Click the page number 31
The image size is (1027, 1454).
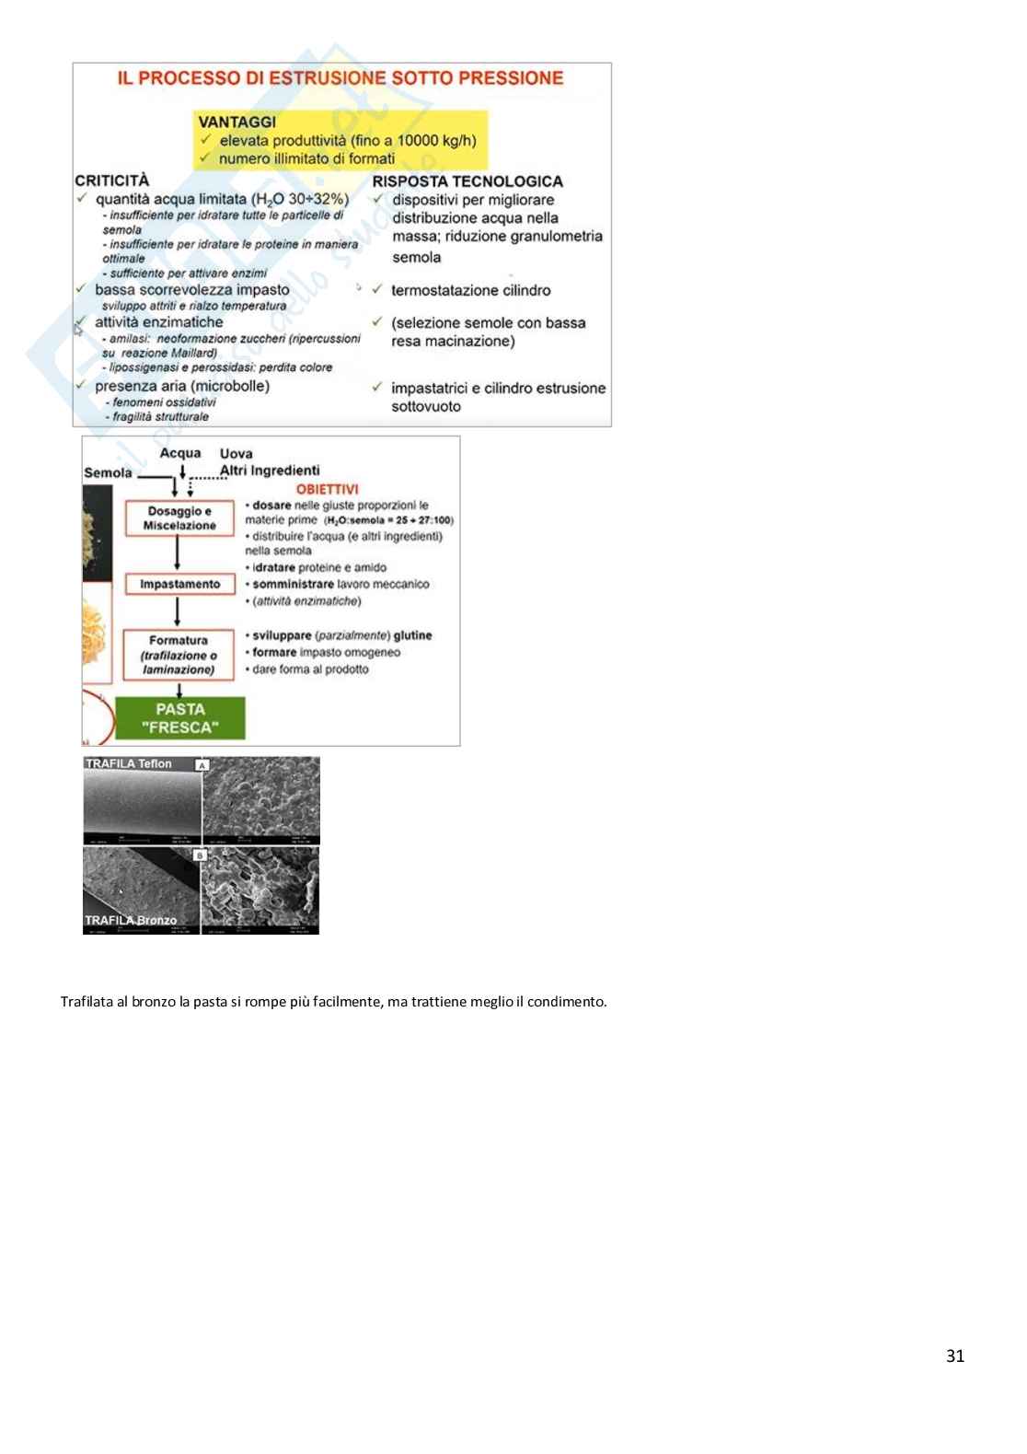click(x=954, y=1355)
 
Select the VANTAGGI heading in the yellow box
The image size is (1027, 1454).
click(x=237, y=122)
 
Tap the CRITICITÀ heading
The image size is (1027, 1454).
click(x=111, y=180)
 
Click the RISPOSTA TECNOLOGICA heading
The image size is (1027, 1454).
click(x=467, y=181)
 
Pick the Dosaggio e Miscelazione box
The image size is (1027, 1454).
click(x=179, y=518)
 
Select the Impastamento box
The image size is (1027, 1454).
click(x=179, y=584)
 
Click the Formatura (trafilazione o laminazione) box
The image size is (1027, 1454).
click(x=179, y=655)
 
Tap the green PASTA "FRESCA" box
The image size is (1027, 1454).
click(x=180, y=718)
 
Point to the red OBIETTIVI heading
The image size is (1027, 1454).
click(x=327, y=489)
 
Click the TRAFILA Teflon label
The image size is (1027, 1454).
click(x=129, y=763)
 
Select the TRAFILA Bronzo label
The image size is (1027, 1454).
click(x=131, y=920)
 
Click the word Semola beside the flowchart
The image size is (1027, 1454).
click(x=108, y=472)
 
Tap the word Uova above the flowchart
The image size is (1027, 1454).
click(x=236, y=453)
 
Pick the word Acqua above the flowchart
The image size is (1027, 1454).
click(x=179, y=453)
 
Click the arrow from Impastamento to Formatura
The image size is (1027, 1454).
click(x=179, y=611)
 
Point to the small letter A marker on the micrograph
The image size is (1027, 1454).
click(x=202, y=765)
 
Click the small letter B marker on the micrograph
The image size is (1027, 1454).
click(x=200, y=855)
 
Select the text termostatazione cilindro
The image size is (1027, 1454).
click(x=470, y=290)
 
